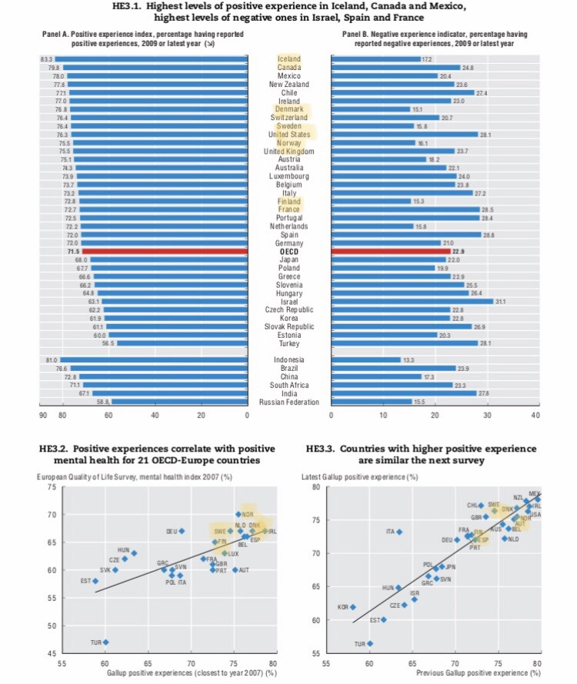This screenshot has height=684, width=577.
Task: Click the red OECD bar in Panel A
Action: [x=164, y=252]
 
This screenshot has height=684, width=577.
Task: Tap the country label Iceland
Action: [x=288, y=59]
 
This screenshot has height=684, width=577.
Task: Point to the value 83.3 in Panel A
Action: [x=46, y=59]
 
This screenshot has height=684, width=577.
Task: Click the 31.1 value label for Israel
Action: [x=501, y=302]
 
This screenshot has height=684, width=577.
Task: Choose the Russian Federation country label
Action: [x=288, y=402]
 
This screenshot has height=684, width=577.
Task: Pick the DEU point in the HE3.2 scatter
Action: [x=182, y=531]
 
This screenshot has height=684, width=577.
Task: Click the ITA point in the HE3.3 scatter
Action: [x=399, y=532]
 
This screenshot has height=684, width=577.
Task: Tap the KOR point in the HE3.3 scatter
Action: [x=352, y=607]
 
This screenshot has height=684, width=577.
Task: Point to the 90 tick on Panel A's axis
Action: [x=42, y=415]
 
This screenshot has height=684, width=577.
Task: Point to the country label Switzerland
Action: [x=288, y=118]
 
